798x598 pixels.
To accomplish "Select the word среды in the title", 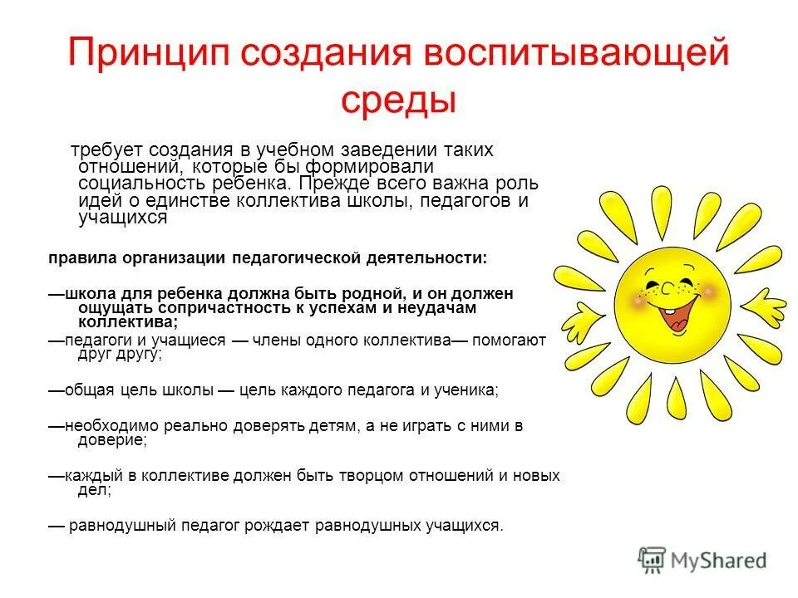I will click(399, 100).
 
